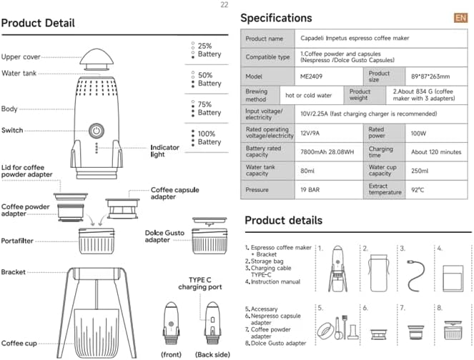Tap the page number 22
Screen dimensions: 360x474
pyautogui.click(x=224, y=5)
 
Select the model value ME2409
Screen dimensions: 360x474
pyautogui.click(x=312, y=76)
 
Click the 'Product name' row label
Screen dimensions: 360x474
pyautogui.click(x=265, y=38)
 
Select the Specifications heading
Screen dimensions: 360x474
pyautogui.click(x=276, y=19)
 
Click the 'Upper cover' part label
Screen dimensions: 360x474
pyautogui.click(x=21, y=56)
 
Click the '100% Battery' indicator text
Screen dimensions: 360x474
pyautogui.click(x=209, y=138)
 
